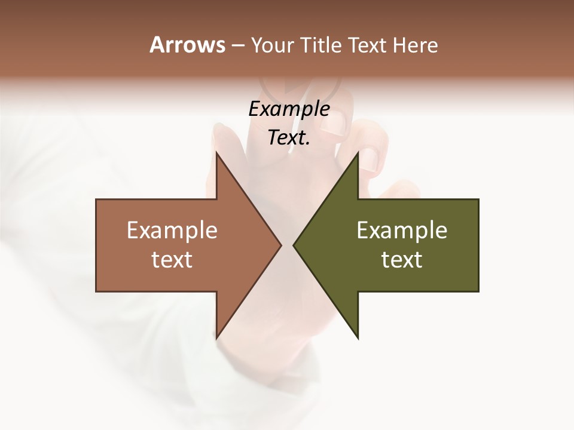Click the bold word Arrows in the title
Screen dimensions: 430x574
point(187,45)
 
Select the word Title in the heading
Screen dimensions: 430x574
point(323,45)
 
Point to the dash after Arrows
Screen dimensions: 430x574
point(237,46)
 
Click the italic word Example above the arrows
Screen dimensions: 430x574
point(289,110)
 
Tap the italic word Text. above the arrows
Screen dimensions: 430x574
point(289,138)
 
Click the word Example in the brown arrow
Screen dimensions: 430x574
point(172,231)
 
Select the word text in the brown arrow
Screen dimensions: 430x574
point(172,260)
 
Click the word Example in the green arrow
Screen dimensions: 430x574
point(402,231)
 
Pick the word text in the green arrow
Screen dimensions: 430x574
point(402,260)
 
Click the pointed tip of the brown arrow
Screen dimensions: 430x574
point(280,245)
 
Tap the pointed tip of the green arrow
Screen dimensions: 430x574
point(294,245)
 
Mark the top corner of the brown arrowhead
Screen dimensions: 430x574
point(216,153)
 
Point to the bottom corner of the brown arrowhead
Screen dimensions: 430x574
point(216,337)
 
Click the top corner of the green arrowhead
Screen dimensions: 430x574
point(358,153)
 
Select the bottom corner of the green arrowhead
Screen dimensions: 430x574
point(358,337)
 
